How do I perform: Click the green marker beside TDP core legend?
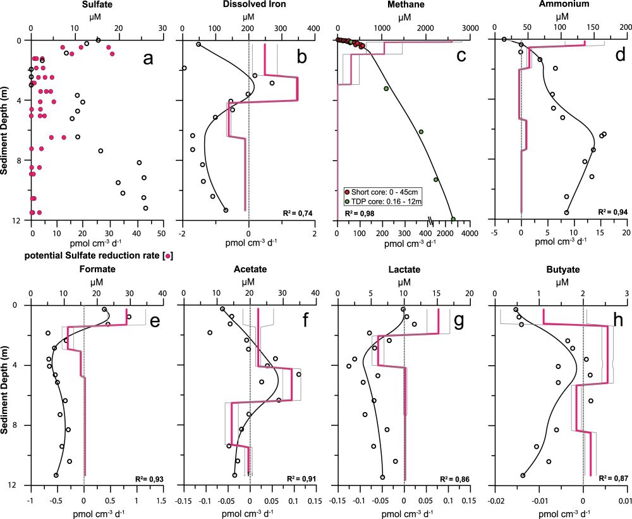point(347,201)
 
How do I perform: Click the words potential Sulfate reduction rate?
point(93,256)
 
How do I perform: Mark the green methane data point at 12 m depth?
point(453,219)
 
